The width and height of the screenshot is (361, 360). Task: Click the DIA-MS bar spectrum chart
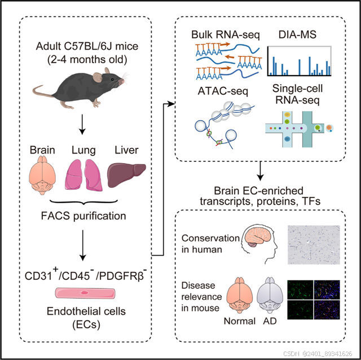[x=298, y=60]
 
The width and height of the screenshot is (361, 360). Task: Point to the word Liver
[x=126, y=151]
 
